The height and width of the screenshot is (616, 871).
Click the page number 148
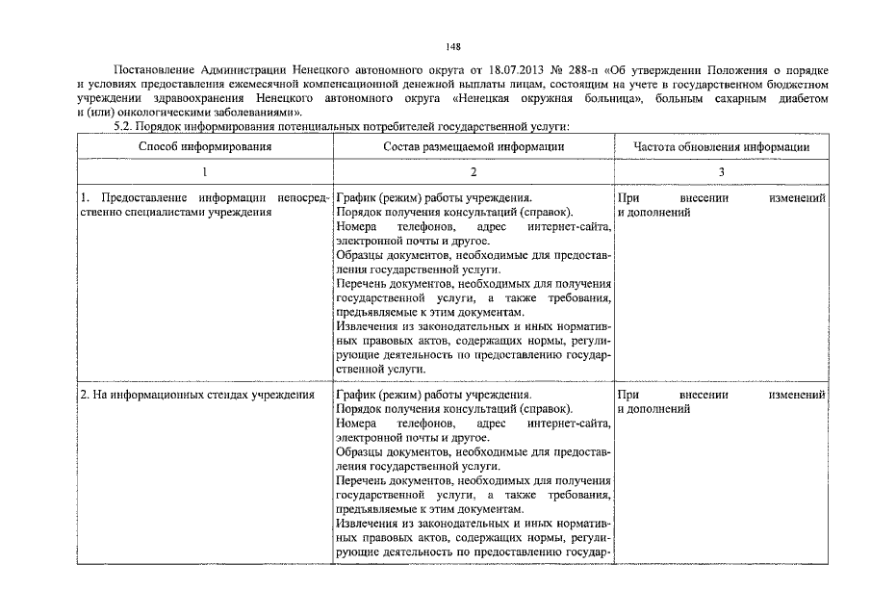pos(454,45)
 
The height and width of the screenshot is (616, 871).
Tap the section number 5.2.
pos(126,126)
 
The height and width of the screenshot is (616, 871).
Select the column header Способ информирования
pos(204,146)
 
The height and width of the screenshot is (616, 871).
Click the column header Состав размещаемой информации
pos(474,146)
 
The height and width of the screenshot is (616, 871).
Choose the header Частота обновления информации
pos(721,146)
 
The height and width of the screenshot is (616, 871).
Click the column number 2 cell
pos(474,171)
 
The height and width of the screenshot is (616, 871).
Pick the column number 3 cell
pos(721,171)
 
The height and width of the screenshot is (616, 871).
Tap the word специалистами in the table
pos(158,212)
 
